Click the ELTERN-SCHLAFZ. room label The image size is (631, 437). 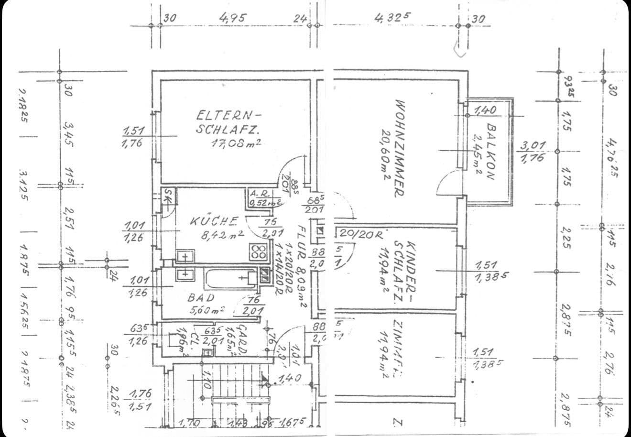click(228, 122)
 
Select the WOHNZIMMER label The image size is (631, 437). click(400, 148)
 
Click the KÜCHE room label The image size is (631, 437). click(214, 221)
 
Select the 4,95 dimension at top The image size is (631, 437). click(233, 18)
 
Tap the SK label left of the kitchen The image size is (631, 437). click(167, 195)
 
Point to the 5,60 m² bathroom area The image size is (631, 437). click(207, 309)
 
